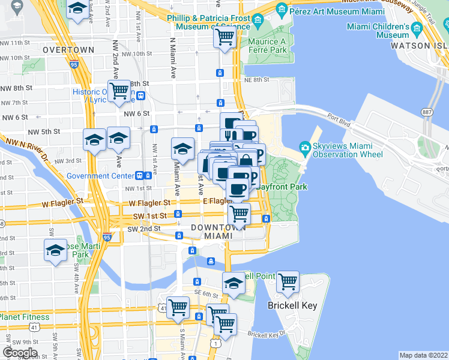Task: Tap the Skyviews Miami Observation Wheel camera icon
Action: pos(305,148)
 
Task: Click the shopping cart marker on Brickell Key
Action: pos(288,281)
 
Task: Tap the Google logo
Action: pos(20,353)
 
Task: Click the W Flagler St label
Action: pos(62,203)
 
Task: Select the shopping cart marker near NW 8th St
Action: pos(119,91)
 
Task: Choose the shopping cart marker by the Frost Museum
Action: pos(224,38)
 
